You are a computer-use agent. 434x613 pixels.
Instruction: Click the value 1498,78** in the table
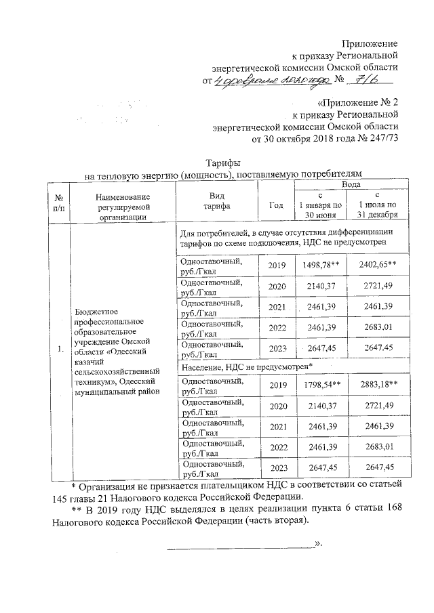(x=317, y=263)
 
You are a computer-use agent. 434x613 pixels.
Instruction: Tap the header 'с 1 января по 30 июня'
(x=317, y=205)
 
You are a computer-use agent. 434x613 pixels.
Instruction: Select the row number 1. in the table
(x=60, y=349)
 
